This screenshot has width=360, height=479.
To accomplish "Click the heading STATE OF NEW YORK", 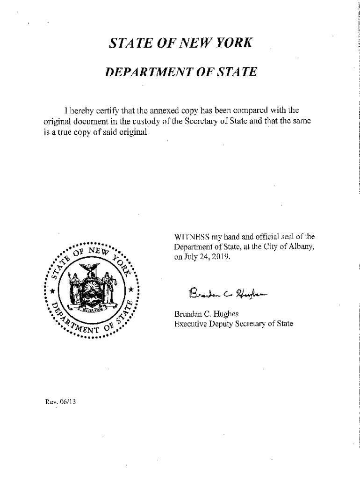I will click(x=180, y=44).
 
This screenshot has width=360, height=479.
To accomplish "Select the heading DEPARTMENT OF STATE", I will click(x=180, y=73).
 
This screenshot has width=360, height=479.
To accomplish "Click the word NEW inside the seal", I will click(x=98, y=253).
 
